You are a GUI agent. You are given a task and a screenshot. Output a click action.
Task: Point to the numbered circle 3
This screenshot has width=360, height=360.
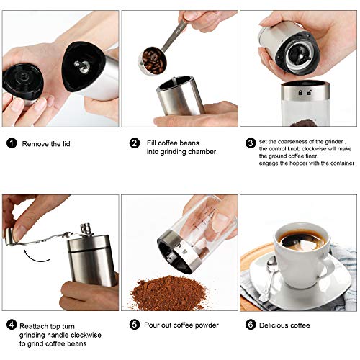click(249, 143)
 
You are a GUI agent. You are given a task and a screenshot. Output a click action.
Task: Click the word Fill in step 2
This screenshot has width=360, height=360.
click(148, 143)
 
